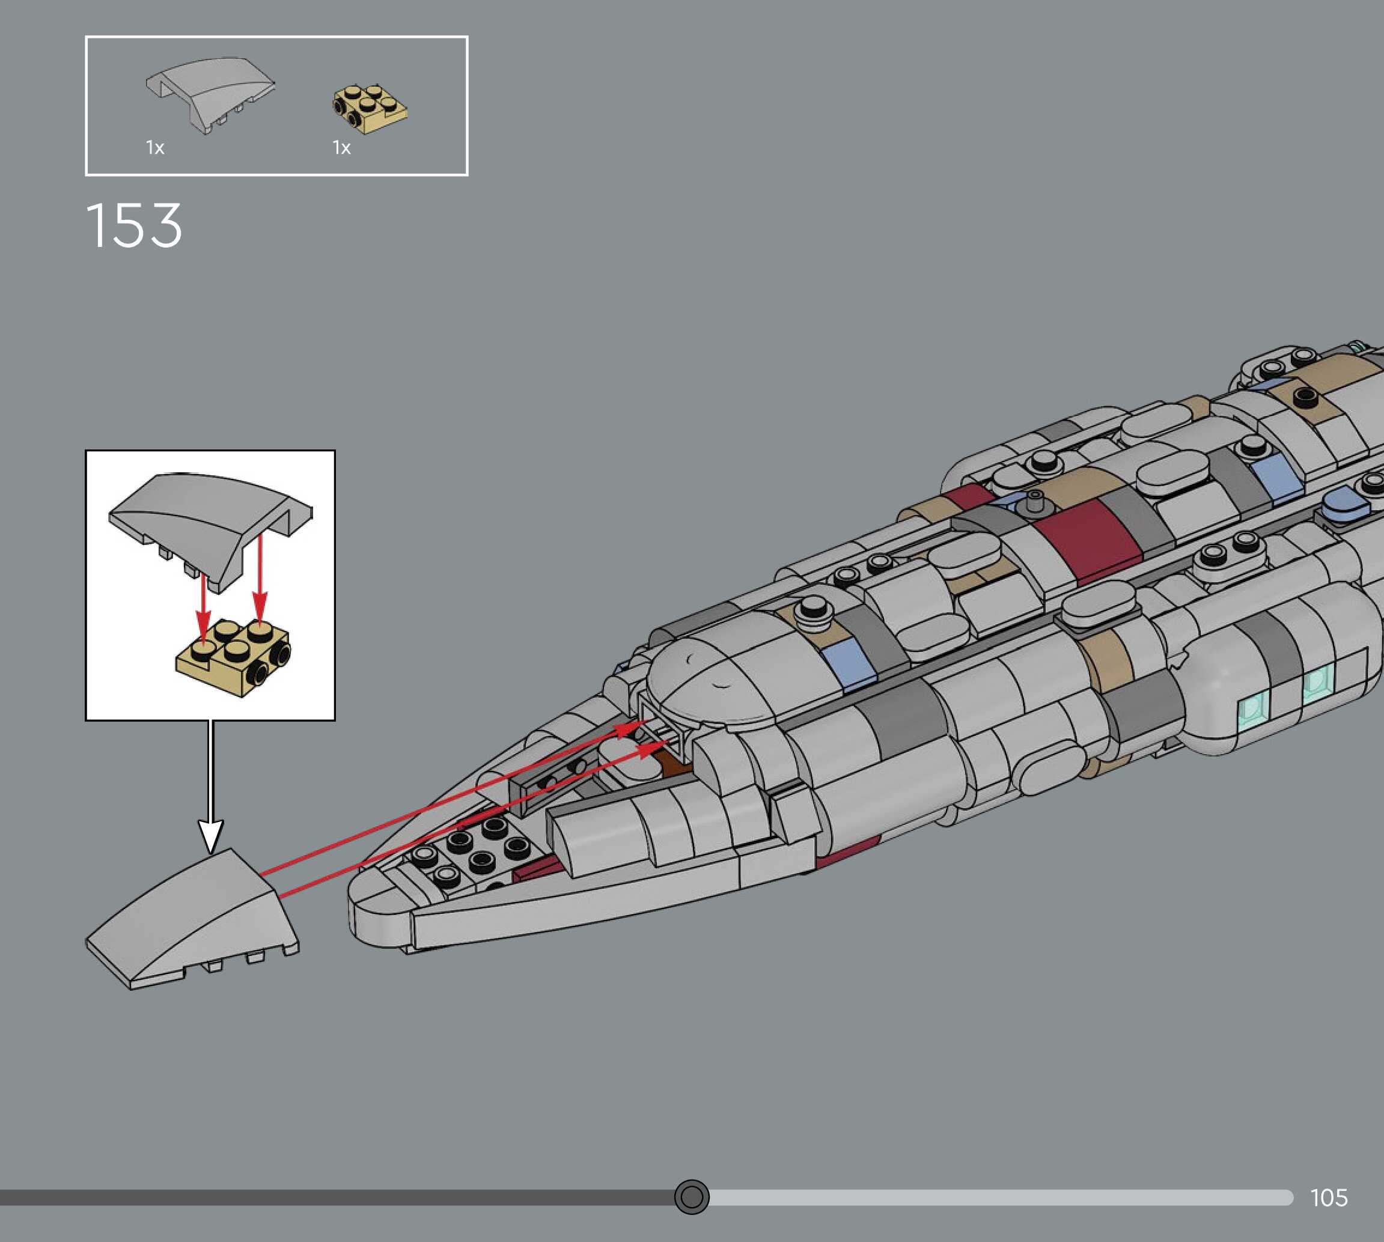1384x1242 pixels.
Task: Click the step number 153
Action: coord(134,225)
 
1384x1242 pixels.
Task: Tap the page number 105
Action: coord(1328,1197)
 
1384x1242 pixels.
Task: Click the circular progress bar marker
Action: coord(691,1196)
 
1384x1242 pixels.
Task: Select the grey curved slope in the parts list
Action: coord(210,92)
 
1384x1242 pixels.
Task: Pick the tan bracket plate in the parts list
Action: coord(369,109)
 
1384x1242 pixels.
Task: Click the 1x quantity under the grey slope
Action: coord(155,147)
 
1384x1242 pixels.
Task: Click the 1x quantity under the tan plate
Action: coord(341,147)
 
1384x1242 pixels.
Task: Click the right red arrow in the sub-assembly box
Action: coord(260,580)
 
